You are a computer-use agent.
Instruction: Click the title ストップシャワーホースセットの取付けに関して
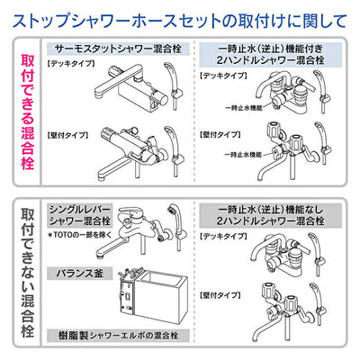(x=180, y=16)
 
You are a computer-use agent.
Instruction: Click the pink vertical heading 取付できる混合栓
(x=26, y=107)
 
